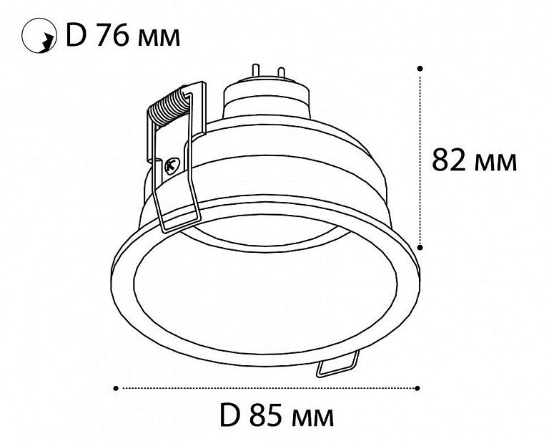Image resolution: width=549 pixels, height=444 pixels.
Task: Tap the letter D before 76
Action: tap(76, 35)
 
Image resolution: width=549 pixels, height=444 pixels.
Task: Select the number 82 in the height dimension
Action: tap(448, 160)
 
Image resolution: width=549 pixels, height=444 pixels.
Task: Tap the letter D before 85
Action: tap(230, 415)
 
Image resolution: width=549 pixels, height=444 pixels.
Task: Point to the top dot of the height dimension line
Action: tap(420, 68)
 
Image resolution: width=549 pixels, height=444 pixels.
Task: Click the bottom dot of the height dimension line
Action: tap(420, 247)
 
